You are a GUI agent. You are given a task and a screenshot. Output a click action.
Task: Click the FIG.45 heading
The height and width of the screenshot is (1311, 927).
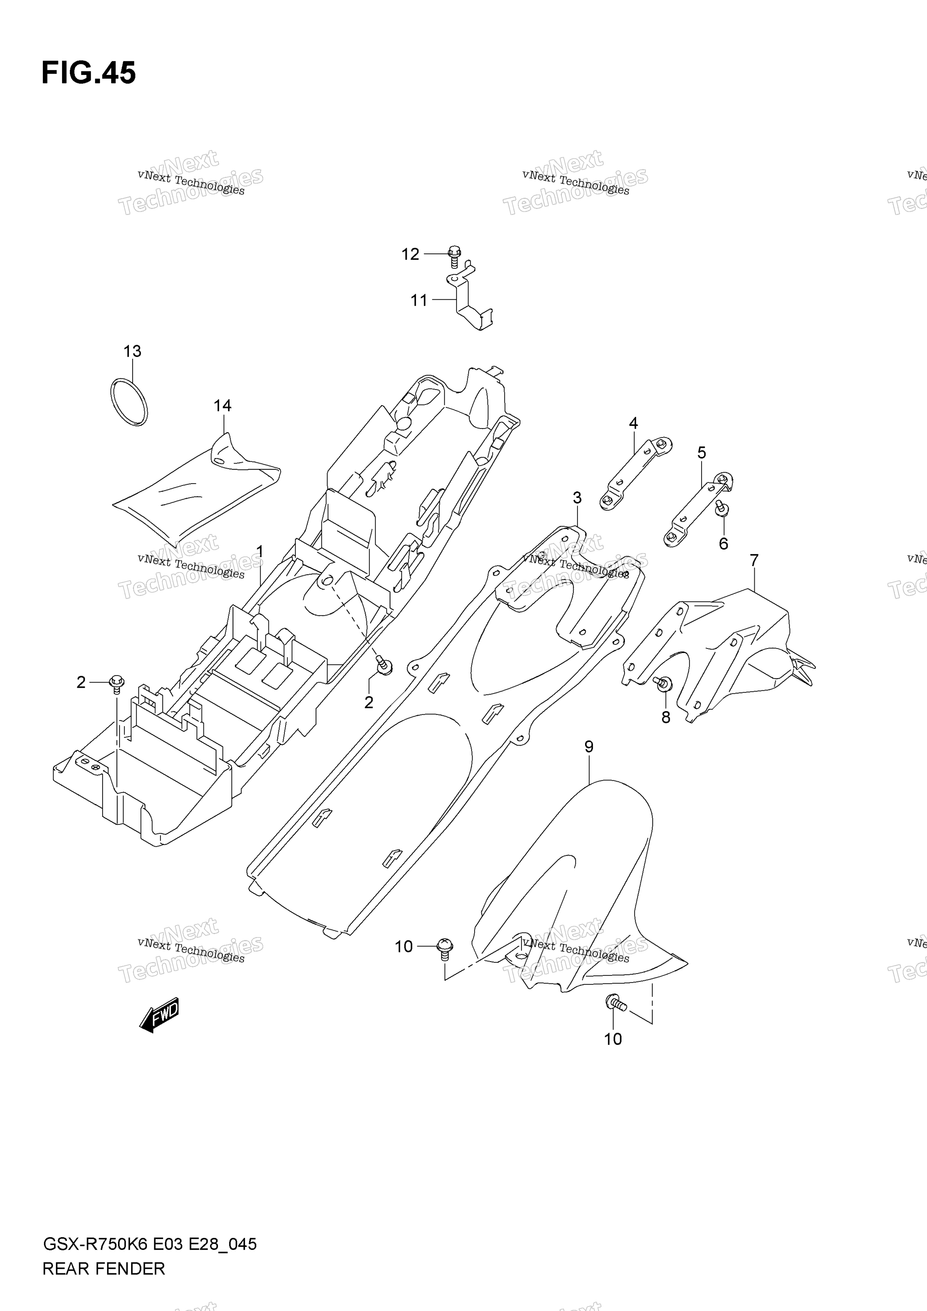coord(88,73)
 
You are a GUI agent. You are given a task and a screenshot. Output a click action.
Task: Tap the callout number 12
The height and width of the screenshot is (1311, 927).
coord(410,254)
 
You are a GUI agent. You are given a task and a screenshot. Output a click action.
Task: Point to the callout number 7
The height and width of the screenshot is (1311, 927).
coord(754,561)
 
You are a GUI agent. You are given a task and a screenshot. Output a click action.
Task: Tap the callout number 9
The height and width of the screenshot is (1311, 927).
coord(589,746)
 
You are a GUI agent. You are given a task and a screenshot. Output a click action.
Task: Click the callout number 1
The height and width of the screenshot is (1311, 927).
coord(260,551)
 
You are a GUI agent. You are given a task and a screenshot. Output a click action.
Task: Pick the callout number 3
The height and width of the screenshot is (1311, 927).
coord(577,498)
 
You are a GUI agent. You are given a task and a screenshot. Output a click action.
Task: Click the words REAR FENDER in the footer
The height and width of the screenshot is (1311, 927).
coord(103,1269)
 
